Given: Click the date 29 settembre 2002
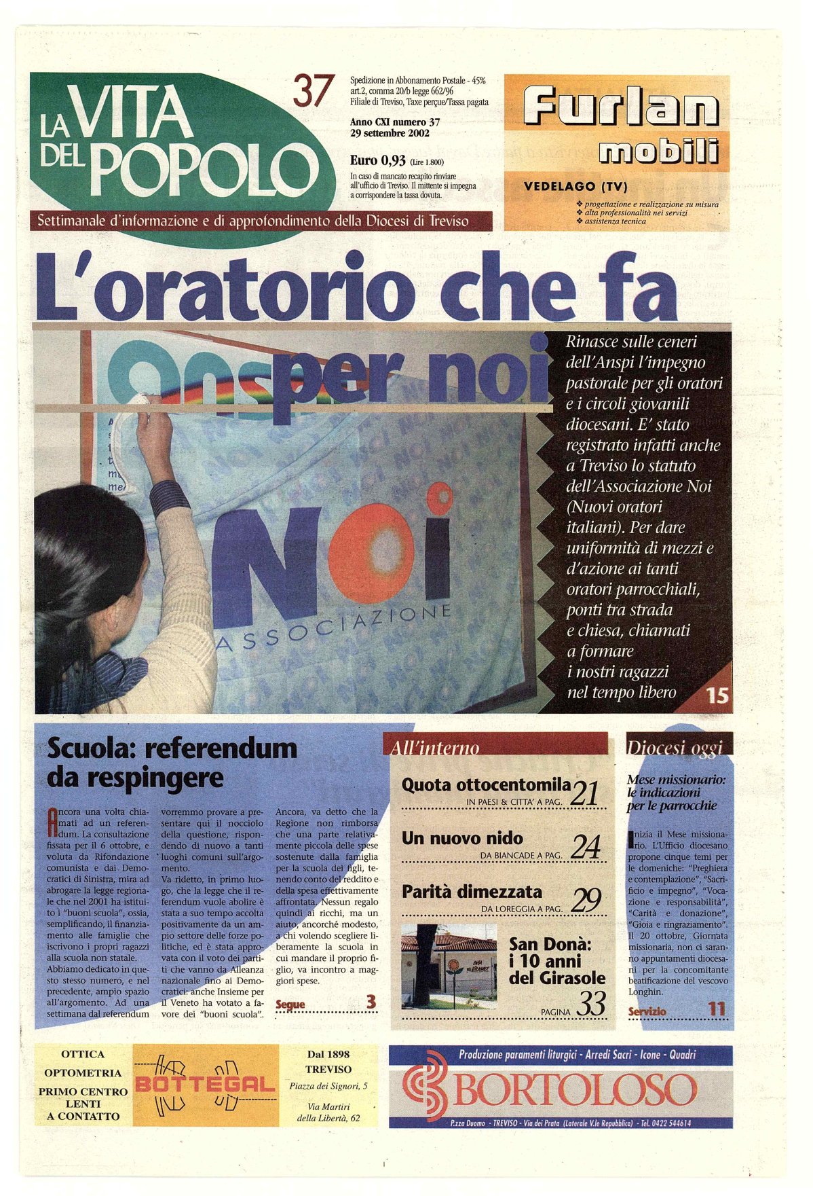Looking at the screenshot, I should (x=390, y=133).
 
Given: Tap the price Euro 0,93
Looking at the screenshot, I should (x=378, y=161).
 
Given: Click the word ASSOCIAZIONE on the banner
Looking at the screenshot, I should (x=333, y=628).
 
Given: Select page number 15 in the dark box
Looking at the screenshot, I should (x=717, y=695).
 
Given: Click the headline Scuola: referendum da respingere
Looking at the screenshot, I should (x=172, y=762).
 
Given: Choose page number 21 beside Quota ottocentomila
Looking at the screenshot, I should (x=584, y=793).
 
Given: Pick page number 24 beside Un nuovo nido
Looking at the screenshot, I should (x=585, y=846).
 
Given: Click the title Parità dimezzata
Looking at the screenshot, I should (x=472, y=891).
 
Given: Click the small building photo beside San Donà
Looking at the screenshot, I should (x=449, y=966).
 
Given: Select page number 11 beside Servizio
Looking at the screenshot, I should (x=717, y=1009).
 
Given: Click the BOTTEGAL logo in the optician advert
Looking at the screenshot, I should (x=205, y=1085).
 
